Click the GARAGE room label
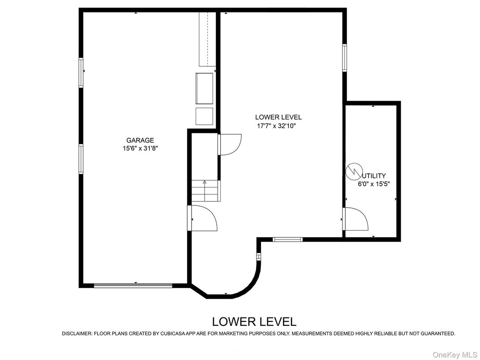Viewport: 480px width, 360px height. [140, 140]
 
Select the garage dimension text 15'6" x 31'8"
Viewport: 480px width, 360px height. [141, 148]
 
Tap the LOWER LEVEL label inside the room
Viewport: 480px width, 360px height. [278, 117]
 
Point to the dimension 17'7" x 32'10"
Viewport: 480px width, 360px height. [276, 126]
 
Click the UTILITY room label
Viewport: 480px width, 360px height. [374, 176]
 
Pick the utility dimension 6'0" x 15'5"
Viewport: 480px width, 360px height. [373, 184]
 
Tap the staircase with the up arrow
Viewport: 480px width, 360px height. [205, 191]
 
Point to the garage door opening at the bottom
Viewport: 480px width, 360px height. [133, 285]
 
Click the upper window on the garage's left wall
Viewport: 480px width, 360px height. [81, 73]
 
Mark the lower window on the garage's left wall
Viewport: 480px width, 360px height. [81, 159]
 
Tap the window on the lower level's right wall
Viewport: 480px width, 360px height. [344, 57]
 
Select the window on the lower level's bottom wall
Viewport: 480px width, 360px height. [287, 239]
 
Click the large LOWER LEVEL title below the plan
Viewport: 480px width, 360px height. [254, 321]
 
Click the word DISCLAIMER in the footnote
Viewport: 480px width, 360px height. [77, 334]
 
